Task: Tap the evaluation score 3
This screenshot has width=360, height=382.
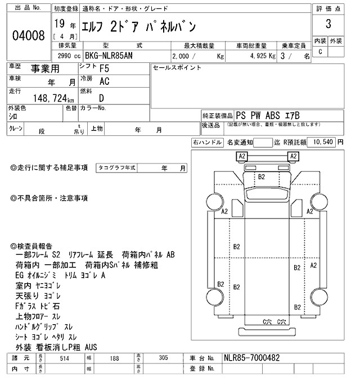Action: click(327, 27)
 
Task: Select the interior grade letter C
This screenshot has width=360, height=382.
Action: click(321, 52)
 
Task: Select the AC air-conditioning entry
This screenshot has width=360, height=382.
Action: click(104, 81)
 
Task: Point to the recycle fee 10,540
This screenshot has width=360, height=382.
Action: click(321, 142)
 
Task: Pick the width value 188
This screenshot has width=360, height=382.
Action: click(114, 358)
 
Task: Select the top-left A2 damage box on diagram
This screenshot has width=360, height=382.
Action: click(242, 156)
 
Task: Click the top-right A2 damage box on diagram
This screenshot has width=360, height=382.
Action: click(293, 156)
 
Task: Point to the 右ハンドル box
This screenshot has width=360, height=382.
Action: click(207, 142)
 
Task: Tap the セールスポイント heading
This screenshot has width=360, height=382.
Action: click(177, 67)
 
